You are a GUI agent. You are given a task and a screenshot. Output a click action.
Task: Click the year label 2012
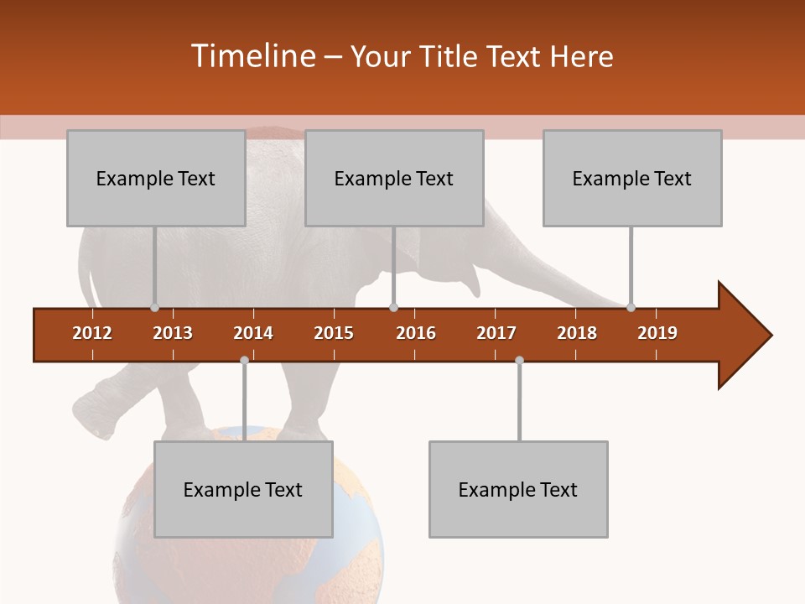[x=92, y=333]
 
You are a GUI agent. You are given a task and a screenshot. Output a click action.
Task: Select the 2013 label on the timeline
[x=173, y=333]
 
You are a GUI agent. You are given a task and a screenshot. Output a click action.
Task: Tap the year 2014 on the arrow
[x=253, y=333]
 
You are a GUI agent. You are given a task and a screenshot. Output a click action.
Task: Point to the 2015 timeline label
[x=334, y=333]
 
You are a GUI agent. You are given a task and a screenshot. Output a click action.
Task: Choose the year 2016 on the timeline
[x=416, y=333]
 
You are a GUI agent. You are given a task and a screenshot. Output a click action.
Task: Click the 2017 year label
[x=496, y=333]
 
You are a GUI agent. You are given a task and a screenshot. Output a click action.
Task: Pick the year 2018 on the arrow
[x=577, y=333]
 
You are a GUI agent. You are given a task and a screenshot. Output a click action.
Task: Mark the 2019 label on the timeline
[x=657, y=333]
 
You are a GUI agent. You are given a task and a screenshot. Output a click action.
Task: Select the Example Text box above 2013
[x=156, y=179]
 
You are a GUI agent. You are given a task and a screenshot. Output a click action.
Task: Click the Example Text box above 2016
[x=394, y=179]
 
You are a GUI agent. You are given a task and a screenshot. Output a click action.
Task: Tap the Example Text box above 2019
[x=632, y=179]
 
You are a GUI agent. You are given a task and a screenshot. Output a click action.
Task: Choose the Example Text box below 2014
[x=243, y=490]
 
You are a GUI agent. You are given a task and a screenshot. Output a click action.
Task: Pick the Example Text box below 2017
[x=518, y=490]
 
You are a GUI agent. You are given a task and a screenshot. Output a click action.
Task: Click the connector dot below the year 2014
[x=244, y=360]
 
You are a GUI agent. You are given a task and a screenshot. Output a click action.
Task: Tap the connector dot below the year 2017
[x=519, y=360]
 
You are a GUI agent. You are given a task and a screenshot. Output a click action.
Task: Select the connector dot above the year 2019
[x=631, y=307]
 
